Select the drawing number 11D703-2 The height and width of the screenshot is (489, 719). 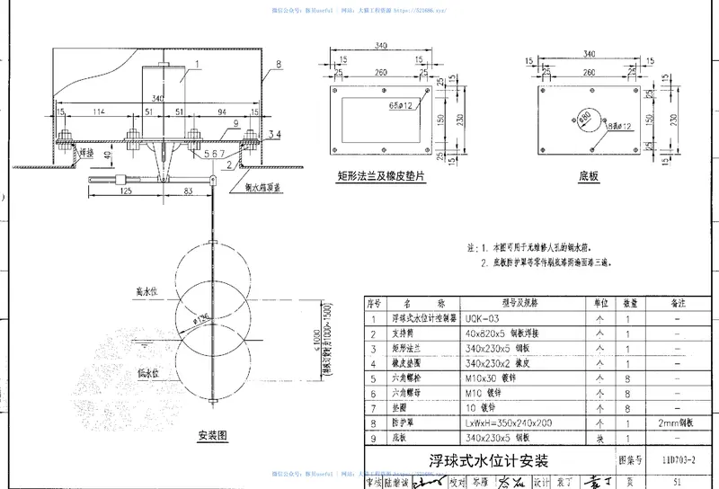pyautogui.click(x=677, y=461)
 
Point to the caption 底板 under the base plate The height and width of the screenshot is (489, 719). pyautogui.click(x=590, y=179)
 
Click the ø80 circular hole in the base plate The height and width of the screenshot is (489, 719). pyautogui.click(x=585, y=118)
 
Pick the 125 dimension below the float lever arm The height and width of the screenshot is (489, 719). pyautogui.click(x=124, y=191)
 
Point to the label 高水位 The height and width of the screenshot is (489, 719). pyautogui.click(x=146, y=293)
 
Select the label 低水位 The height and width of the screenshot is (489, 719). pyautogui.click(x=146, y=372)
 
